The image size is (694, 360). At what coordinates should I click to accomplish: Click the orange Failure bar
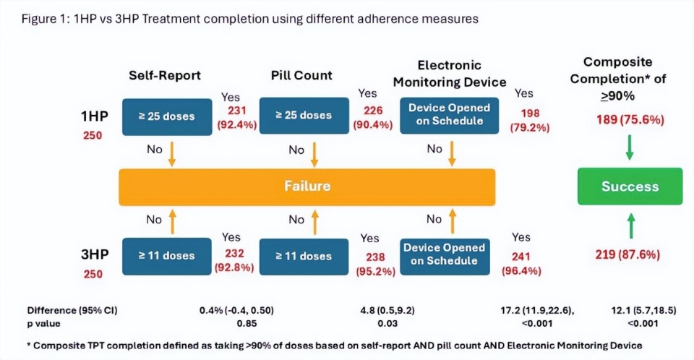307,187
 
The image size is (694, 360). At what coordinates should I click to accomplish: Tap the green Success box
630,187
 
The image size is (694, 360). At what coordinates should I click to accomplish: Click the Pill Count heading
301,75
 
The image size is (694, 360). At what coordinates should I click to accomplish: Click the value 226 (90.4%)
369,117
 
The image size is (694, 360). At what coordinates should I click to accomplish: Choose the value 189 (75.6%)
629,120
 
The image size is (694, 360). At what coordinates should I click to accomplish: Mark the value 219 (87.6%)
629,254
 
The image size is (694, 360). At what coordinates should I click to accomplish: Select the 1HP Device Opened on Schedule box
449,114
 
